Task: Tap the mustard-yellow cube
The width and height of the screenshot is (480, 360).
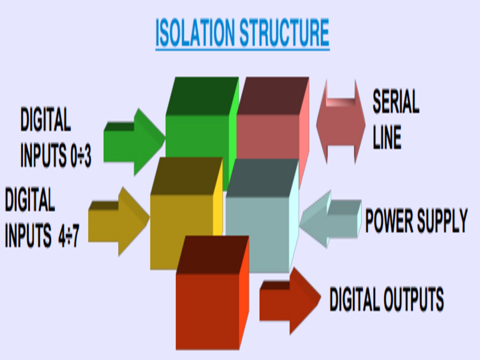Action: click(x=183, y=222)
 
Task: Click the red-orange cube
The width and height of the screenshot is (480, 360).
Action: click(x=208, y=306)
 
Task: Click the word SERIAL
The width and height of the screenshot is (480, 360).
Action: click(x=396, y=102)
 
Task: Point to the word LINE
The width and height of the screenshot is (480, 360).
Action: click(x=387, y=137)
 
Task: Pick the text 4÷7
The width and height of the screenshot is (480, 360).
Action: click(x=70, y=236)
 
